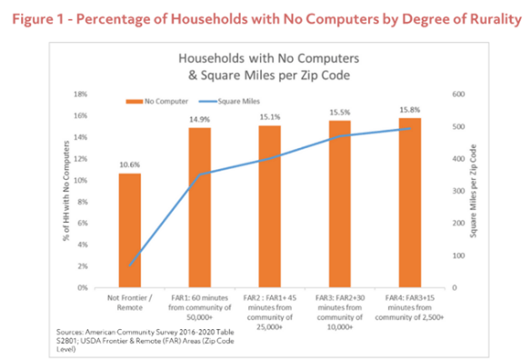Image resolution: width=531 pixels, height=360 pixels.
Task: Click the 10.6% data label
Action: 128,165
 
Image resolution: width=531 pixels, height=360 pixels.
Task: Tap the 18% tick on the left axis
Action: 81,94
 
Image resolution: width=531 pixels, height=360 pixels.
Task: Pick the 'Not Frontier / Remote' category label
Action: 128,303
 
